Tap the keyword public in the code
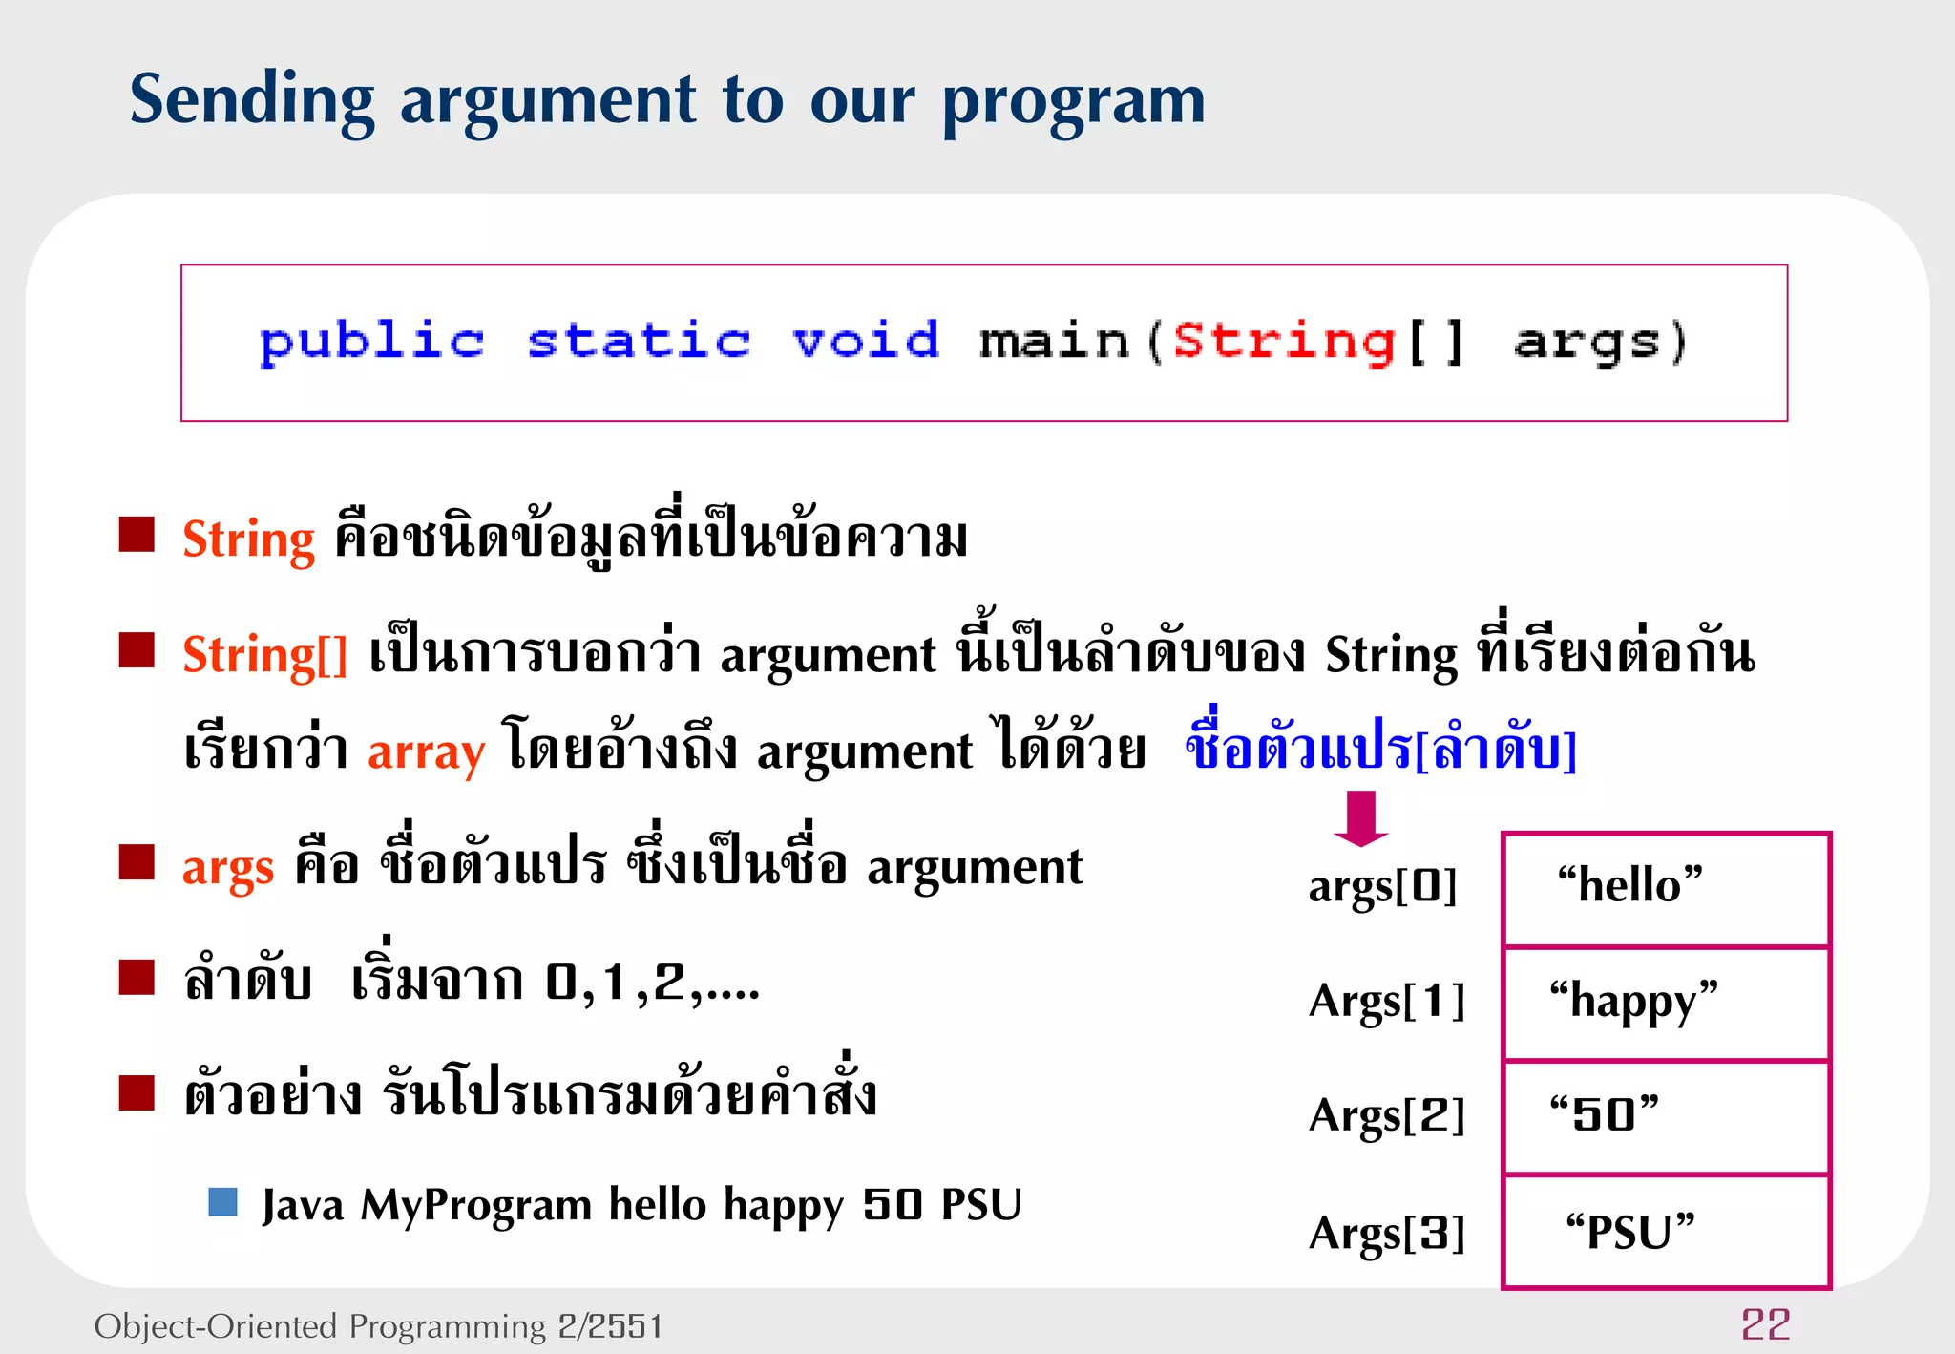(372, 342)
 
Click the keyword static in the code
(639, 341)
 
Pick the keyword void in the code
(866, 341)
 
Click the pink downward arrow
(1361, 818)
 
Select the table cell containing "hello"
(1666, 888)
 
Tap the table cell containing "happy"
(1666, 1003)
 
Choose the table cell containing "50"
(1666, 1116)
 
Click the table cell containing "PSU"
(1666, 1231)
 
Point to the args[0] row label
(1382, 886)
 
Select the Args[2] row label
(1386, 1115)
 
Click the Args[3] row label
(1386, 1232)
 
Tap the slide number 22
(1765, 1324)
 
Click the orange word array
(426, 751)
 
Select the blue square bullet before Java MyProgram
(222, 1202)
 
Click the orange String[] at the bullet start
(264, 655)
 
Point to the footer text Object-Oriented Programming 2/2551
(378, 1325)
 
